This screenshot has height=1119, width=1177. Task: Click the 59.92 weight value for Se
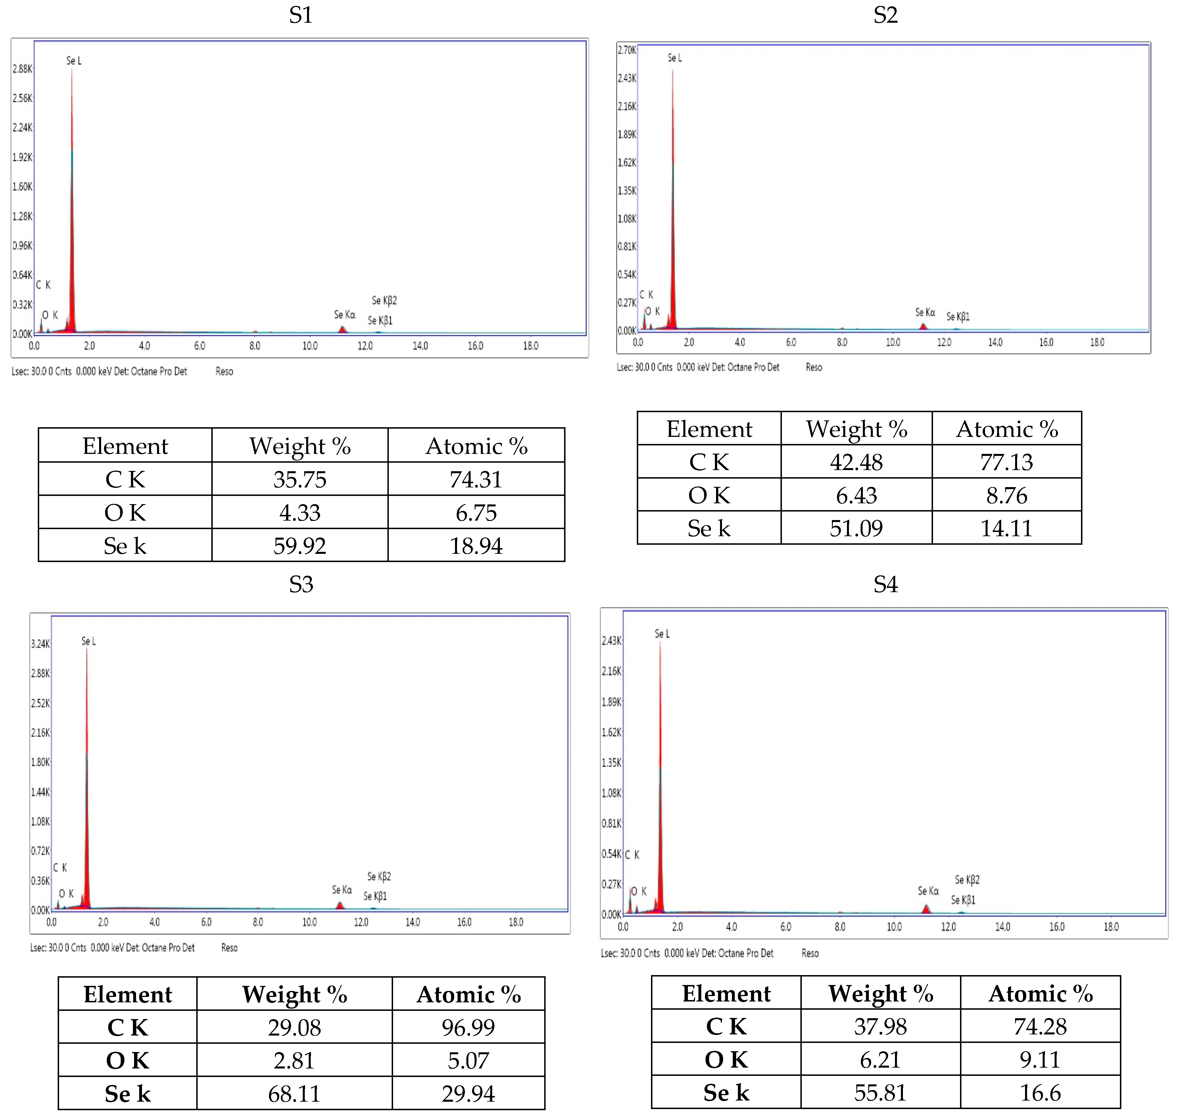pyautogui.click(x=300, y=546)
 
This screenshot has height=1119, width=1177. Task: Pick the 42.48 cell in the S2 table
pyautogui.click(x=856, y=462)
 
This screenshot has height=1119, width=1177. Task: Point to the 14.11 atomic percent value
pyautogui.click(x=1006, y=529)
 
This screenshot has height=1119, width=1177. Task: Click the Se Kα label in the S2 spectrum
pyautogui.click(x=925, y=313)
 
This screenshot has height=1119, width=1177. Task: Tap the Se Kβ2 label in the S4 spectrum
pyautogui.click(x=967, y=880)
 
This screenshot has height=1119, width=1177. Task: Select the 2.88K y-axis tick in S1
pyautogui.click(x=23, y=69)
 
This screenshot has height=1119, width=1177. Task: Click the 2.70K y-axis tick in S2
pyautogui.click(x=627, y=50)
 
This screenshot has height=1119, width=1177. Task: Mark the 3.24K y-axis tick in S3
pyautogui.click(x=41, y=644)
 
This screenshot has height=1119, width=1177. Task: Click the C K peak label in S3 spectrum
pyautogui.click(x=60, y=868)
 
